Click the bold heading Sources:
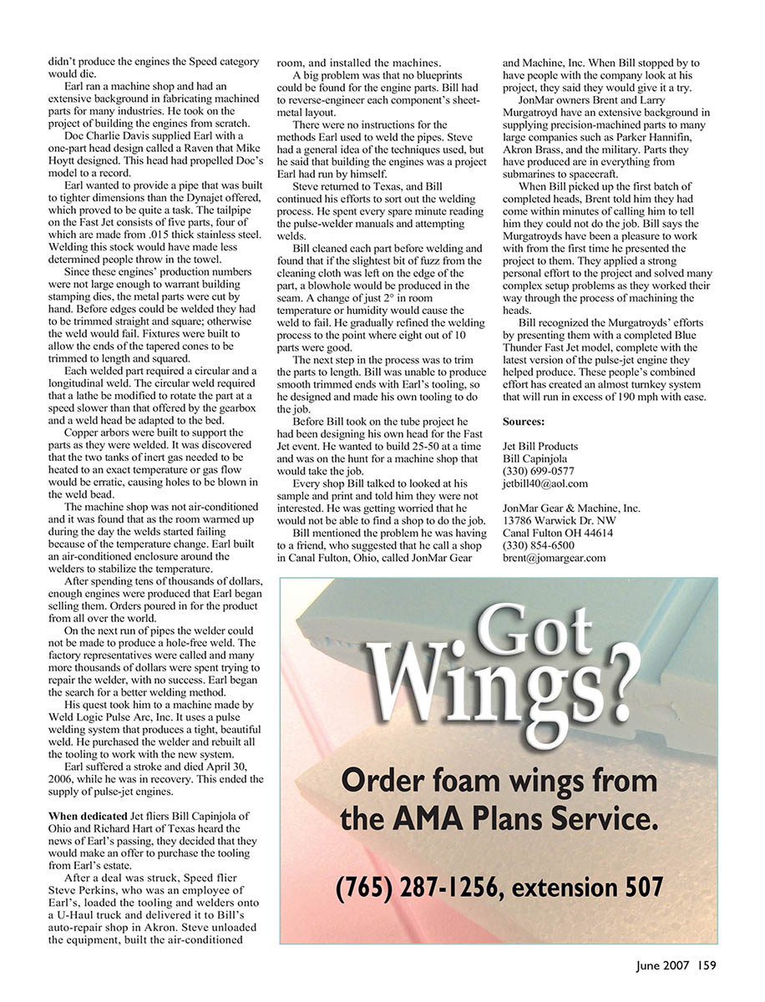(x=524, y=422)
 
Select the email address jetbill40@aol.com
(x=545, y=483)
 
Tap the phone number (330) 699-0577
(x=538, y=471)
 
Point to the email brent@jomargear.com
(x=555, y=558)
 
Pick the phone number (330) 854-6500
(x=538, y=545)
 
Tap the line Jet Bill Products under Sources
(x=540, y=447)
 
